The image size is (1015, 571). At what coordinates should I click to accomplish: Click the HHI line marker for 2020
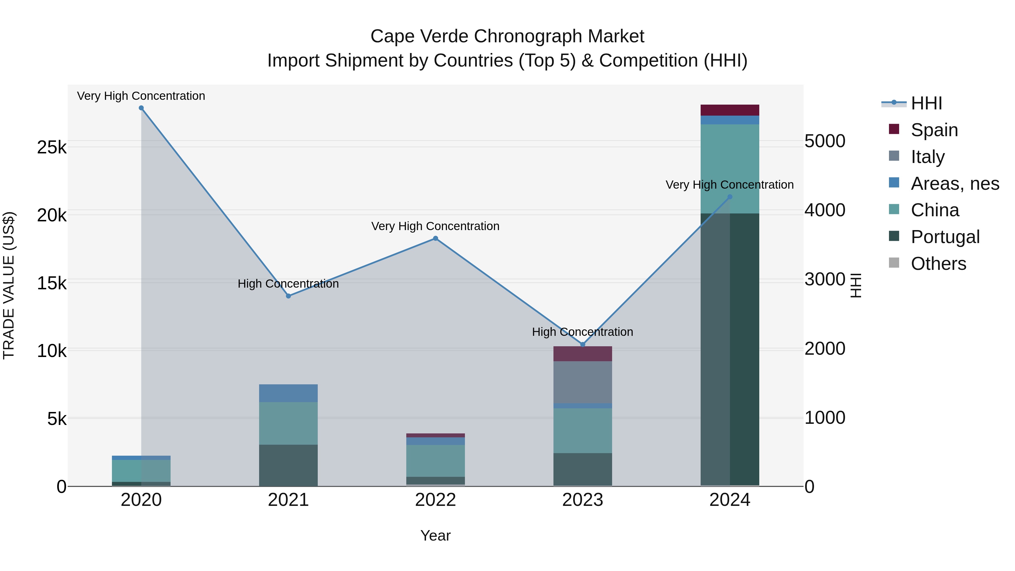(141, 108)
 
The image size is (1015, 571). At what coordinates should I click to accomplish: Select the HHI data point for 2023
(583, 344)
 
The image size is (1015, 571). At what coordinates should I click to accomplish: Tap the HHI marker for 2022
(435, 238)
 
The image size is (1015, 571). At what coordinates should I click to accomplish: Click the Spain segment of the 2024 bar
(730, 110)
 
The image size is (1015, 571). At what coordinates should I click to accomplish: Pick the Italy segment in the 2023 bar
(583, 382)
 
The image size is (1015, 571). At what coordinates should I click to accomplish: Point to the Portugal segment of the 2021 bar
(288, 465)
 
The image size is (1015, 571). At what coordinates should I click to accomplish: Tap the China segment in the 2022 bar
(435, 461)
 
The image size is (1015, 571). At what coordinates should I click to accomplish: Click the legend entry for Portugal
(945, 237)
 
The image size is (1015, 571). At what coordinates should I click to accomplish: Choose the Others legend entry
(938, 264)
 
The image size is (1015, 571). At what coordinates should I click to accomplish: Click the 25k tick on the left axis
(52, 147)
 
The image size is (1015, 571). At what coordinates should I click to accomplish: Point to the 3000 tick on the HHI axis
(825, 279)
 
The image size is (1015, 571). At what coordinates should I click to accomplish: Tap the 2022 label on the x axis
(435, 500)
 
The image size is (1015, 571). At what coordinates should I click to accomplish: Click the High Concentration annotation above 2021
(288, 284)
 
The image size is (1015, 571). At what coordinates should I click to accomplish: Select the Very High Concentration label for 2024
(729, 185)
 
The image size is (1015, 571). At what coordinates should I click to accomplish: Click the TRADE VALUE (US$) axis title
(9, 285)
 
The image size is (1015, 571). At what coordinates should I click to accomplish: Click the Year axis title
(435, 535)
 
